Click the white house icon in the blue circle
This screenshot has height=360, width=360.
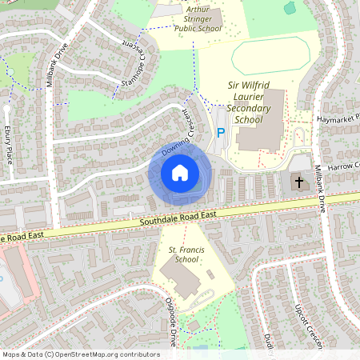(x=180, y=173)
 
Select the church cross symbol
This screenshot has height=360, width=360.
(x=300, y=182)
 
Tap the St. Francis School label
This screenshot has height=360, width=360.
(x=183, y=254)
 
